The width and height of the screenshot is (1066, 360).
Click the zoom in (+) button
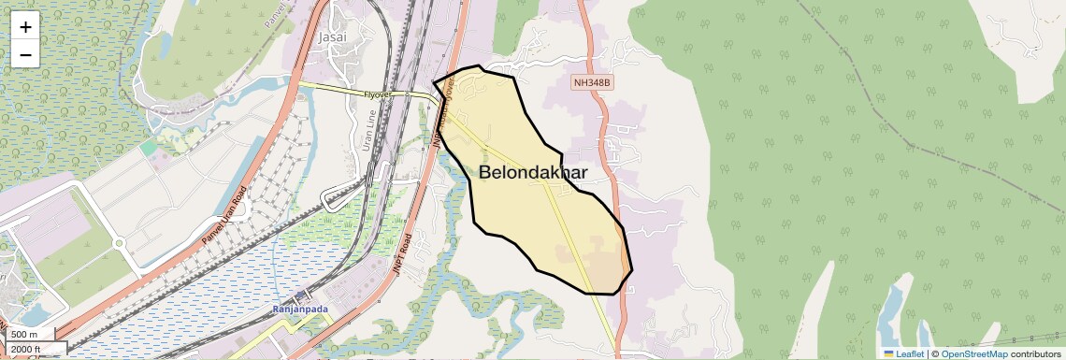[x=25, y=27]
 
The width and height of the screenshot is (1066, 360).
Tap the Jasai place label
[x=332, y=37]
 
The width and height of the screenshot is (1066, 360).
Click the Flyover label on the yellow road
[x=379, y=94]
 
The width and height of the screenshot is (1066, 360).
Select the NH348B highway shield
[x=592, y=83]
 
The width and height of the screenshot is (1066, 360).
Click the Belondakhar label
[x=533, y=173]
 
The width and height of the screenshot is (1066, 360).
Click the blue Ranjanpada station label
[x=302, y=310]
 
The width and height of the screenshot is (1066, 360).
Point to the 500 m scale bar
[x=26, y=335]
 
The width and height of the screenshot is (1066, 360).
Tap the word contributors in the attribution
[x=1034, y=354]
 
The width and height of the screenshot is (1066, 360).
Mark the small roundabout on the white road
[x=119, y=243]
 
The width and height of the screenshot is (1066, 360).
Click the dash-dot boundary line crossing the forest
[x=898, y=140]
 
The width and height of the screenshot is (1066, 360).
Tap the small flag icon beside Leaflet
[x=888, y=354]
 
